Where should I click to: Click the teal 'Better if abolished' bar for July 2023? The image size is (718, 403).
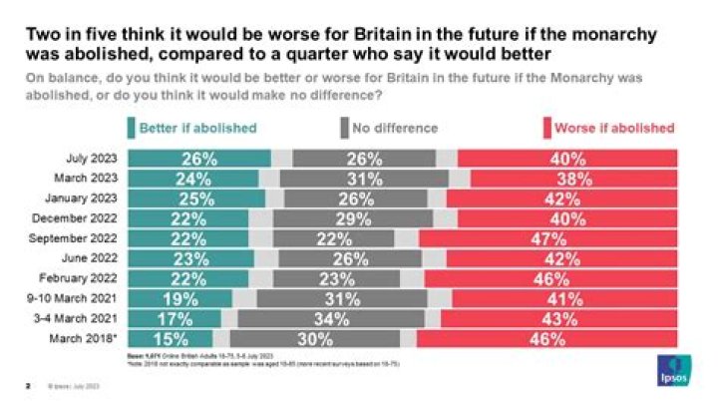pyautogui.click(x=199, y=159)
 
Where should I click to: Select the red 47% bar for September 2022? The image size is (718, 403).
pyautogui.click(x=547, y=238)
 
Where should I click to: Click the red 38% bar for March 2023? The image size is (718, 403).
pyautogui.click(x=573, y=179)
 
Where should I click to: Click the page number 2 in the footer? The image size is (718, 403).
pyautogui.click(x=27, y=384)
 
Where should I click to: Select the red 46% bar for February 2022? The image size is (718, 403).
pyautogui.click(x=550, y=277)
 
